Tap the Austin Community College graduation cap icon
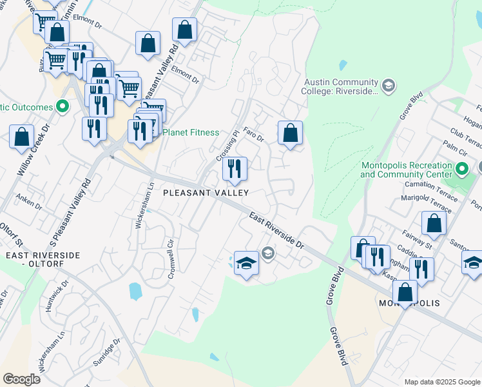[388, 85]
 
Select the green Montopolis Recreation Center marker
[461, 170]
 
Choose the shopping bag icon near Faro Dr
[290, 133]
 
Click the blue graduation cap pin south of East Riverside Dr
[246, 263]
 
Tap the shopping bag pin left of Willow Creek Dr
[21, 137]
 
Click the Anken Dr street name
[28, 201]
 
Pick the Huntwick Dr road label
[56, 295]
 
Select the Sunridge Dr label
[107, 353]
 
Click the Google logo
[22, 379]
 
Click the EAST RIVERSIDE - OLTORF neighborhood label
[43, 259]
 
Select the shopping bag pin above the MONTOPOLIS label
[405, 292]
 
